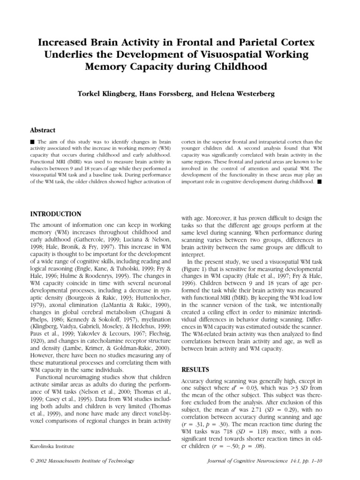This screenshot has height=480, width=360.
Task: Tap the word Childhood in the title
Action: (240, 67)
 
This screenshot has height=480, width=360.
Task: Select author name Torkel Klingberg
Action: (111, 93)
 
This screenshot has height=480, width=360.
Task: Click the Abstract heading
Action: (43, 130)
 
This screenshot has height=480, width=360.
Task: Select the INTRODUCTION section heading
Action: (55, 214)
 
